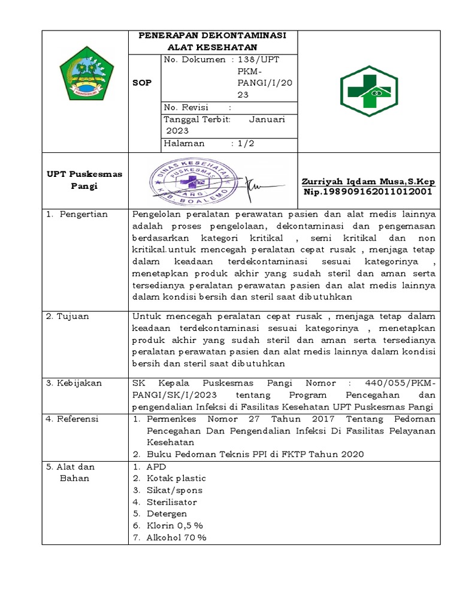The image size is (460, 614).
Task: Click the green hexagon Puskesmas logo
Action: point(368,91)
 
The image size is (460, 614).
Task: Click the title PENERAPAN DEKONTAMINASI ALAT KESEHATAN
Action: point(213,41)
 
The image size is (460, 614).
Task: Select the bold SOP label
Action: point(142,83)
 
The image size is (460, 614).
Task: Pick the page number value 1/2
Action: point(247,143)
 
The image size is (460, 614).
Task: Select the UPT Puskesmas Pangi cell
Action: point(84,180)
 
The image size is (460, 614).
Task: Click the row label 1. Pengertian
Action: point(77,214)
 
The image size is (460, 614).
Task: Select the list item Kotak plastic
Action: point(175,478)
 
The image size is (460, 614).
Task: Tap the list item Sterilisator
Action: point(171,502)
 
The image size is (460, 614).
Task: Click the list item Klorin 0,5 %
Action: point(174,525)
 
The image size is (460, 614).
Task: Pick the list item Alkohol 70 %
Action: point(176,537)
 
